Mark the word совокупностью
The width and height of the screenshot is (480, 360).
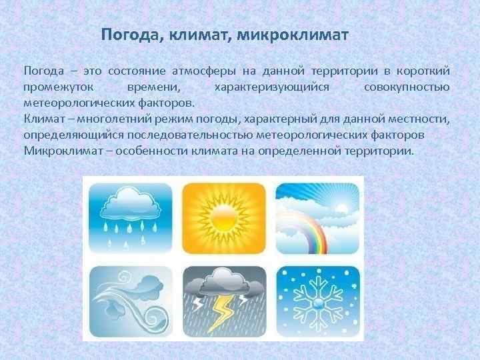[407, 87]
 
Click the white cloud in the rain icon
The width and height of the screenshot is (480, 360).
[131, 203]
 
